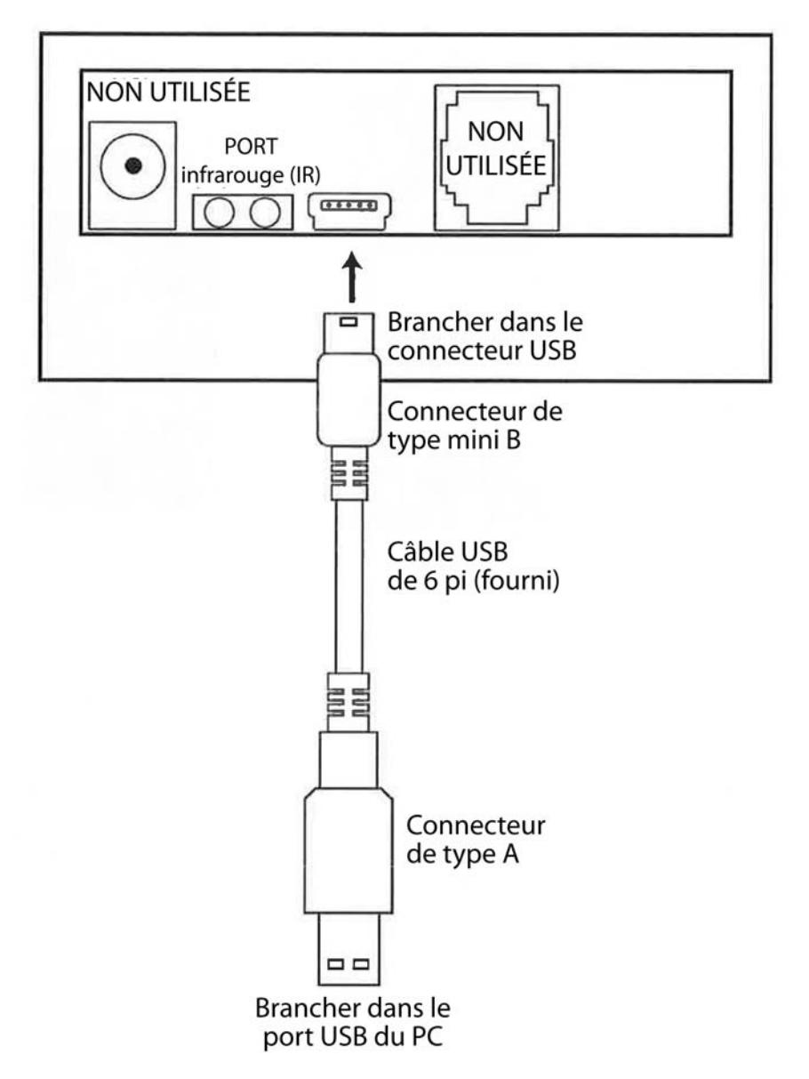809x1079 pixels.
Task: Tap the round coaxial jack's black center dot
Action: point(133,166)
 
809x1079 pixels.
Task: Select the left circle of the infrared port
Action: point(219,213)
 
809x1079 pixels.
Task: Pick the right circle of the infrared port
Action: point(265,213)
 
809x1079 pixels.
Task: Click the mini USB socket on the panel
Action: point(349,212)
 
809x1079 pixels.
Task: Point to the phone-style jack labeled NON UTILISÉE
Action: point(497,157)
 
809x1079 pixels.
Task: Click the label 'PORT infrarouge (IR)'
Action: point(251,161)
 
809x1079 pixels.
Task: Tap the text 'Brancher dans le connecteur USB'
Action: point(485,336)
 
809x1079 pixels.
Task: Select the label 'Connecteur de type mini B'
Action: point(475,426)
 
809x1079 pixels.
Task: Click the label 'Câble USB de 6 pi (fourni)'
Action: point(473,567)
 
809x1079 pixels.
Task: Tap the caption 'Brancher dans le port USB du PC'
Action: point(353,1023)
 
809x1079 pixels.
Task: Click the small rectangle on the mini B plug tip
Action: point(348,323)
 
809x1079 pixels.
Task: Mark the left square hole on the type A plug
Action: point(335,964)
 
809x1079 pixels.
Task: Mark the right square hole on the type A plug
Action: point(361,964)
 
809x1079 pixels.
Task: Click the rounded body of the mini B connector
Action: point(348,399)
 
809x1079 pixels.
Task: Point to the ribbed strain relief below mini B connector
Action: point(349,473)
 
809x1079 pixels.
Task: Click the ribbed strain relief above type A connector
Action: point(348,702)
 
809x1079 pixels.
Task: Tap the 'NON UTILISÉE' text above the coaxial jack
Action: point(169,92)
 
